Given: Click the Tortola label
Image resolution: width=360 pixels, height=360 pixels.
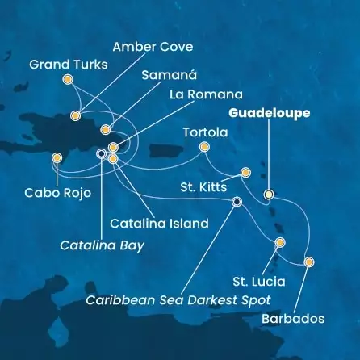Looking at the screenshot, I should tap(203, 130).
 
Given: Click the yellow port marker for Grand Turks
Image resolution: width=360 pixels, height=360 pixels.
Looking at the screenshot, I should tap(67, 79).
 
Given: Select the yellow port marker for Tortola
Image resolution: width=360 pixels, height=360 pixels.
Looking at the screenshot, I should tap(204, 147).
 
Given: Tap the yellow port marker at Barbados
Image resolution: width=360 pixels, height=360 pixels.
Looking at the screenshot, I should tap(308, 262).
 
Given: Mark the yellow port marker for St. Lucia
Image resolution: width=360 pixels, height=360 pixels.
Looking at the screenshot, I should tap(280, 242).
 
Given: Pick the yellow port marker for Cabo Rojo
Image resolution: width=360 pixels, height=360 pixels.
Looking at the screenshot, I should tap(57, 158).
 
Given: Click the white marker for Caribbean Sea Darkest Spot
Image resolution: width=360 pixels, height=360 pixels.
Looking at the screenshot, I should tap(237, 202).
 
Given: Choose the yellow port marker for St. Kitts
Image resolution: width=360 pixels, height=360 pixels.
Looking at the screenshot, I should tap(246, 172).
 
